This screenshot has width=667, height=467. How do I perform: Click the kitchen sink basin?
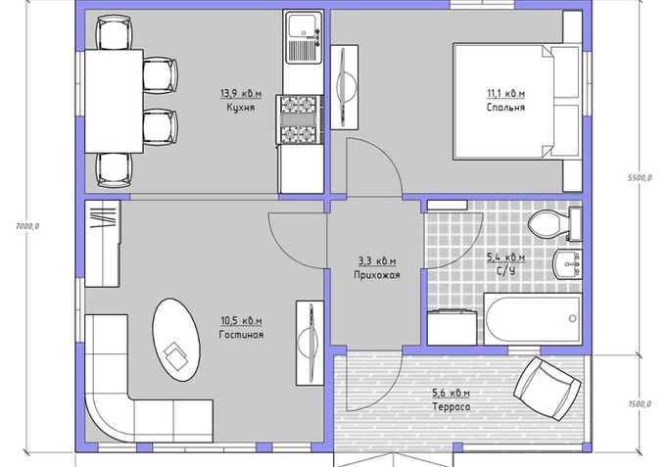[x=303, y=25]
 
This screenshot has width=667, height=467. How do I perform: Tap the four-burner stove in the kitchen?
[x=299, y=119]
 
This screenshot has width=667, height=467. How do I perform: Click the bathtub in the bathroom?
[x=533, y=318]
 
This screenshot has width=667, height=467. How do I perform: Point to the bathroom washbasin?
[x=567, y=264]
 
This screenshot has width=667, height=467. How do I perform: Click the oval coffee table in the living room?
[x=176, y=340]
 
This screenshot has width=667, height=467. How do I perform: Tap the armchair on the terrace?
[x=548, y=389]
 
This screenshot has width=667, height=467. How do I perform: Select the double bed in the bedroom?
[x=518, y=101]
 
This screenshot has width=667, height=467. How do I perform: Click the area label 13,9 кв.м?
[x=241, y=93]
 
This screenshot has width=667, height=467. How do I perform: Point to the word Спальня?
[x=505, y=107]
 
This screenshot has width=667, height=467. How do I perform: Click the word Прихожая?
[x=377, y=275]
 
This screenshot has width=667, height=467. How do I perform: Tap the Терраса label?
[x=452, y=407]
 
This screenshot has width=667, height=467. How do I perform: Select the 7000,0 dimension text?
[x=27, y=226]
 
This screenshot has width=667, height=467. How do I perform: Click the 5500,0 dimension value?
[x=640, y=178]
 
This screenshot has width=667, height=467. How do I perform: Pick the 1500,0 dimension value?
[x=640, y=403]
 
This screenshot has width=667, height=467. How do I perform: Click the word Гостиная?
[x=241, y=335]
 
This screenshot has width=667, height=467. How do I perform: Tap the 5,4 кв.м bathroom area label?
[x=505, y=257]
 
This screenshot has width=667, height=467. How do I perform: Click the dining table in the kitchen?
[x=114, y=101]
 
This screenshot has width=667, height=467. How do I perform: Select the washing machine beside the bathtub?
[x=453, y=328]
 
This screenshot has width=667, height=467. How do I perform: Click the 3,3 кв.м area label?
[x=377, y=260]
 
